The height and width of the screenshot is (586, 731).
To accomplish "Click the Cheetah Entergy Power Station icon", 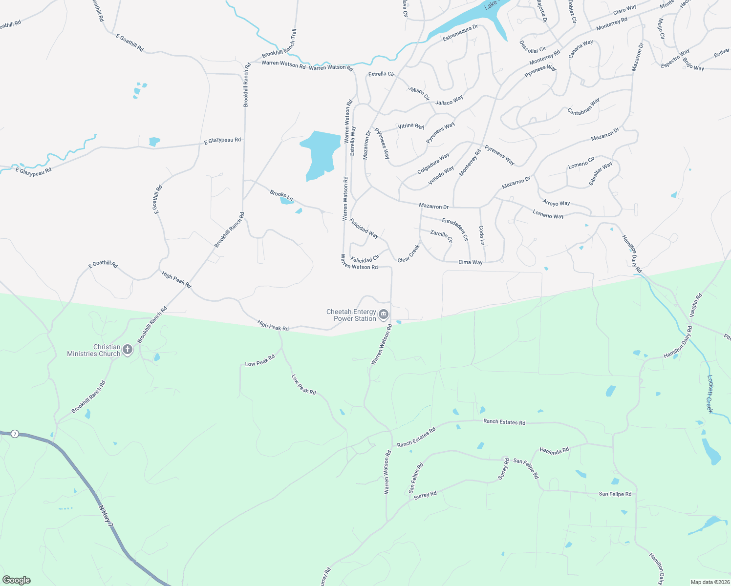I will click(x=384, y=314).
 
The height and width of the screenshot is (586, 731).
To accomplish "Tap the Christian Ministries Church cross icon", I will click(x=127, y=349).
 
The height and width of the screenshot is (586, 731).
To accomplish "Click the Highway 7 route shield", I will click(x=15, y=434).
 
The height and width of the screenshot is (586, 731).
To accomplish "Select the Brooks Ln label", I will click(x=281, y=195).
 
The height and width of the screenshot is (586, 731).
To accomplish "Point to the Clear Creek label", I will click(x=408, y=253).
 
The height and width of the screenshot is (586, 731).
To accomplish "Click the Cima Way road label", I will click(x=471, y=262).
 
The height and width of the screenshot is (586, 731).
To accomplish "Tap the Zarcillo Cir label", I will click(x=441, y=236).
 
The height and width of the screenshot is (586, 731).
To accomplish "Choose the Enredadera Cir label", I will click(x=455, y=229).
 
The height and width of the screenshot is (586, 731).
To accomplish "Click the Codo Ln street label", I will click(x=482, y=235).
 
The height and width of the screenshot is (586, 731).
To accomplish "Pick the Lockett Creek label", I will click(x=710, y=394).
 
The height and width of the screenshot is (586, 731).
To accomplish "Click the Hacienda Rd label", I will click(x=554, y=451).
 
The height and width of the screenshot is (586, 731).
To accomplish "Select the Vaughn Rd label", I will click(x=696, y=306).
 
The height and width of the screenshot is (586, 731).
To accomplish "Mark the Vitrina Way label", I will click(x=411, y=126).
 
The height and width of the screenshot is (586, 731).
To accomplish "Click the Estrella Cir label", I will click(x=381, y=74).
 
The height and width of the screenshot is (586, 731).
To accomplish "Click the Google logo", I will click(x=17, y=580).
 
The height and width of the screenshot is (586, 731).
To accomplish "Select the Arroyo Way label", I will click(x=556, y=203).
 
